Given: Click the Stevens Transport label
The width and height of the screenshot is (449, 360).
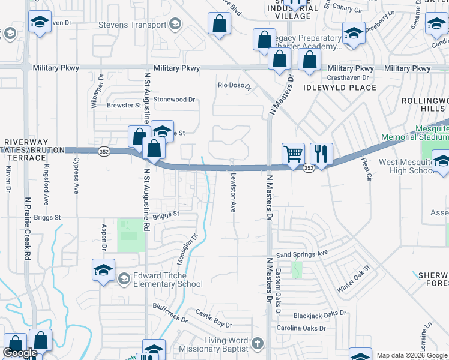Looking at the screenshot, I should [133, 25].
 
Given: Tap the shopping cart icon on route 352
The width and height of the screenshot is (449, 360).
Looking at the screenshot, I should [293, 154].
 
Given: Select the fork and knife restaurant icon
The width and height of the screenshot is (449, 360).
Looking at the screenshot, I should [321, 154].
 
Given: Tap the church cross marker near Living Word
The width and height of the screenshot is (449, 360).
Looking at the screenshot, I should [258, 344].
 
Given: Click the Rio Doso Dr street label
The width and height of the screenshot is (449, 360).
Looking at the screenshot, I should [234, 85].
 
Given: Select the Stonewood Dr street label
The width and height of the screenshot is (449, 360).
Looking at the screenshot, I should [175, 99].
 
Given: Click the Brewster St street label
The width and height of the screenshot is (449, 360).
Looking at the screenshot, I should [124, 105].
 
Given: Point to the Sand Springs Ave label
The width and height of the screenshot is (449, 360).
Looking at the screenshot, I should [302, 254].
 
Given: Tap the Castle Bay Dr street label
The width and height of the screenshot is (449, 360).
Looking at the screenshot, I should [213, 318].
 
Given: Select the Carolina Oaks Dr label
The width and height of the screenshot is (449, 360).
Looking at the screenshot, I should [301, 328].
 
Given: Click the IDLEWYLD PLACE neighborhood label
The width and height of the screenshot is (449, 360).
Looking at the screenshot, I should [340, 88].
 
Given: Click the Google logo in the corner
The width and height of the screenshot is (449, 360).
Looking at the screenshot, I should [20, 353].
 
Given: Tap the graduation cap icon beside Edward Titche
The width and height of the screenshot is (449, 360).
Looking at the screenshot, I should [103, 270].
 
